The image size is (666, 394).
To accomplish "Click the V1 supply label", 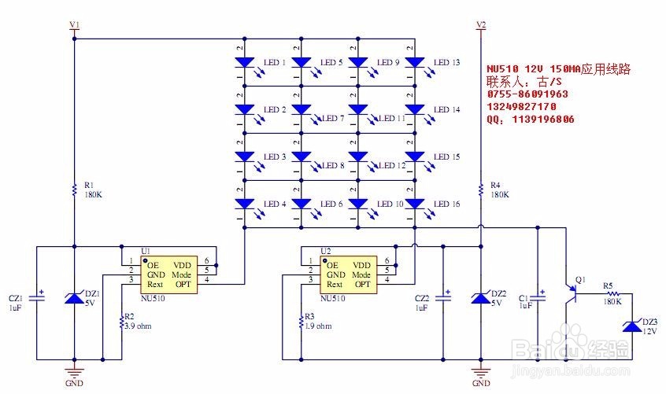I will pos(75,25).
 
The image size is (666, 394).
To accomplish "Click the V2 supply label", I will pos(482,25).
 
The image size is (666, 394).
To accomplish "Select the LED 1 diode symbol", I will pos(244,62).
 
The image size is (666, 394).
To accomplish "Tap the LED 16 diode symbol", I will pos(415,204).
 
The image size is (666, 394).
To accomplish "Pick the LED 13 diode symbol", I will pos(415,62).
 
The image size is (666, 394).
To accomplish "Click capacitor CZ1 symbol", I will pos(36,299).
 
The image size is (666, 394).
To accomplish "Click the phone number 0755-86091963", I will pos(527,94).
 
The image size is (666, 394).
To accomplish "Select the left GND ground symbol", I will pos(74,370).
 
